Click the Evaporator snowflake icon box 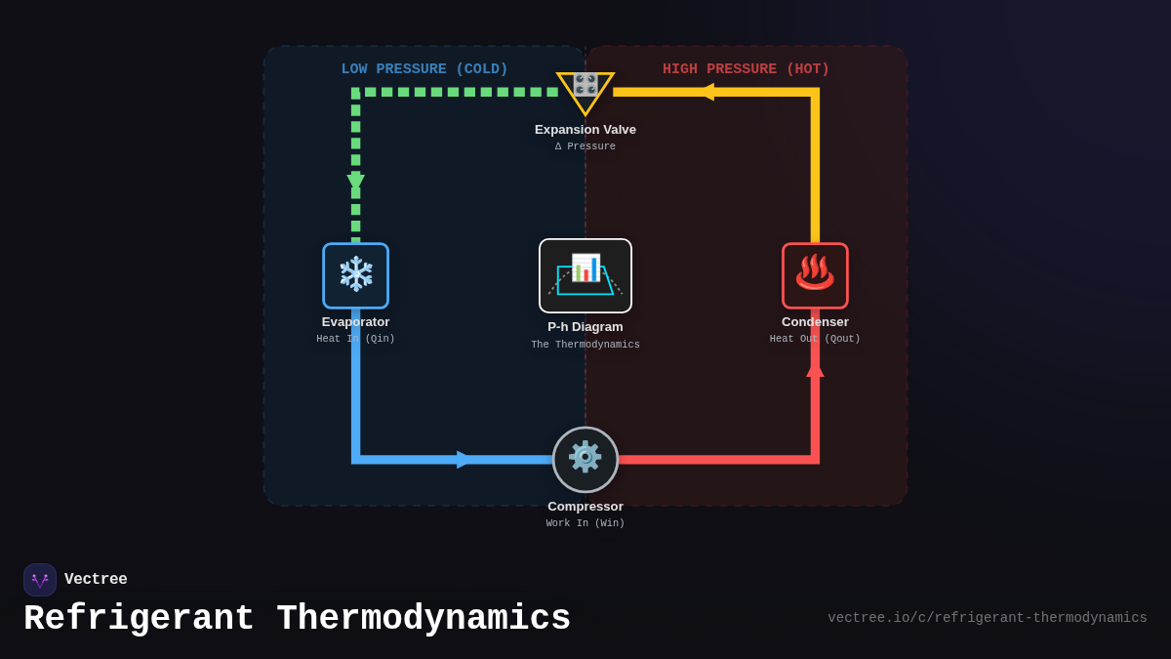tap(355, 275)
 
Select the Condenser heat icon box tap(815, 275)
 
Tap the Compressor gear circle tap(585, 459)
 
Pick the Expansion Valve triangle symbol tap(585, 90)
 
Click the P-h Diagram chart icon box tap(585, 275)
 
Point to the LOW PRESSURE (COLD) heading tap(424, 69)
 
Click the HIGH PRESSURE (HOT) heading tap(746, 69)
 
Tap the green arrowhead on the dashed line tap(355, 182)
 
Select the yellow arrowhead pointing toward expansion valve tap(706, 92)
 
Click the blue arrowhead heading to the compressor tap(464, 459)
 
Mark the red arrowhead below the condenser tap(815, 369)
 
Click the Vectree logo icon tap(40, 580)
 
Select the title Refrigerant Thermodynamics tap(297, 619)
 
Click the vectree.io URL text tap(987, 618)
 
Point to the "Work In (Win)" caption tap(585, 523)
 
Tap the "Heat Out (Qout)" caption tap(815, 339)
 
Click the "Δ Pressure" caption tap(585, 146)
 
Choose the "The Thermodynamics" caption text tap(585, 345)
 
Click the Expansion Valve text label tap(585, 130)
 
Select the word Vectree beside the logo tap(96, 579)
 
